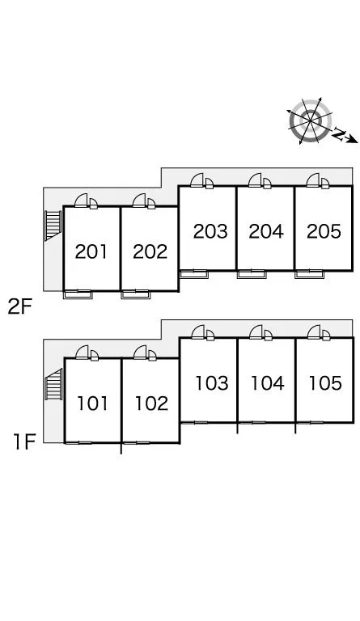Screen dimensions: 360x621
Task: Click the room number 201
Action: tap(91, 251)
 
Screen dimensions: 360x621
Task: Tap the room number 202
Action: tap(150, 251)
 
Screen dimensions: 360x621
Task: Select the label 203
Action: tap(210, 231)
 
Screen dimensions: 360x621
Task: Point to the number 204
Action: tap(266, 231)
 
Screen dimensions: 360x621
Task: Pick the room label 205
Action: tap(324, 231)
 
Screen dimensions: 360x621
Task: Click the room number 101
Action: tap(92, 403)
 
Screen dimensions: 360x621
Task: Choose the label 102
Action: tap(151, 403)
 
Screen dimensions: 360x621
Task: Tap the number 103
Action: tap(212, 383)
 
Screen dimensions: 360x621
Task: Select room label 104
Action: tap(268, 383)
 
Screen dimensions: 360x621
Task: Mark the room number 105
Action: tap(325, 383)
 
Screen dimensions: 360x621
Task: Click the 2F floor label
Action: tap(19, 306)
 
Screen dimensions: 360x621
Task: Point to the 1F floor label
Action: tap(24, 441)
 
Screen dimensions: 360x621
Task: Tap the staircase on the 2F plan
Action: tap(53, 226)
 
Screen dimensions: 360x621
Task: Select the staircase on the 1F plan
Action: tap(53, 384)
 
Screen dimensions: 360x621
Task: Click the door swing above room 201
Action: tap(81, 201)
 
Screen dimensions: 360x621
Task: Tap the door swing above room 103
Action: tap(197, 332)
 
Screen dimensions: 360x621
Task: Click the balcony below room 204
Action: tap(252, 274)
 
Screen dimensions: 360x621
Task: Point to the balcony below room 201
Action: tap(78, 294)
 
